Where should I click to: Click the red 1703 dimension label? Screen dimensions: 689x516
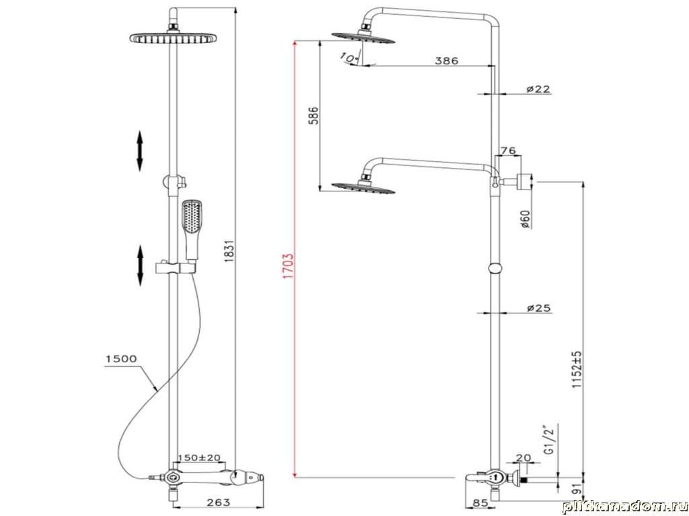coord(288,266)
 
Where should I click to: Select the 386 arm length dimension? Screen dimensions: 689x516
coord(447,60)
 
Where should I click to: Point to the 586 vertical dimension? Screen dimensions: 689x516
coord(313,116)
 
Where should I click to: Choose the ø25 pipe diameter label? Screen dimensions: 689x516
coord(539,308)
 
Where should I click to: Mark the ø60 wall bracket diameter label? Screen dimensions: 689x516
coord(525,218)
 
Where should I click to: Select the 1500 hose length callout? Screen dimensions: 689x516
coord(121,359)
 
